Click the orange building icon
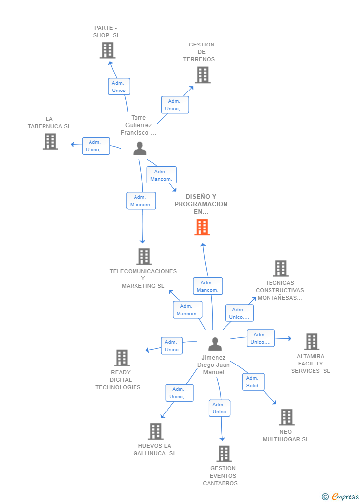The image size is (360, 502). click(x=202, y=227)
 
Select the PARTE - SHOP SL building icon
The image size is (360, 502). click(x=107, y=50)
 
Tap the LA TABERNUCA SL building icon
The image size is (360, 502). click(x=50, y=141)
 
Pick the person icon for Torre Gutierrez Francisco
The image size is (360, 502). click(x=140, y=148)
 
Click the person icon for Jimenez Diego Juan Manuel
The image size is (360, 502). click(x=215, y=344)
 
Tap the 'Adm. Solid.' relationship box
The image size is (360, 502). click(x=253, y=382)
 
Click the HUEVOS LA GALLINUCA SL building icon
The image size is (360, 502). click(x=156, y=431)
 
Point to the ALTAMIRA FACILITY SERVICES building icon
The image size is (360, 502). click(x=312, y=342)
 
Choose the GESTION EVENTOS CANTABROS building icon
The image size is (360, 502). click(x=224, y=454)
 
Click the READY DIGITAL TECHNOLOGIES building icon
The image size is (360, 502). click(x=122, y=358)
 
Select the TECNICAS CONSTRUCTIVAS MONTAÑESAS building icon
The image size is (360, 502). click(x=281, y=269)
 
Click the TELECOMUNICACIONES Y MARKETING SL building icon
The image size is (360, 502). click(x=144, y=256)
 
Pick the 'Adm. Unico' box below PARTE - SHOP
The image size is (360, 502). click(x=119, y=87)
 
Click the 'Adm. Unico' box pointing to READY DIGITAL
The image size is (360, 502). click(x=172, y=346)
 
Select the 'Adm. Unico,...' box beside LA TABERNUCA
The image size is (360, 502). click(x=95, y=146)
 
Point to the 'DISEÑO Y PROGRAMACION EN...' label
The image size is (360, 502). click(x=201, y=204)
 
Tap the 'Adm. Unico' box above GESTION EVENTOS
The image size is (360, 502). click(x=219, y=408)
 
